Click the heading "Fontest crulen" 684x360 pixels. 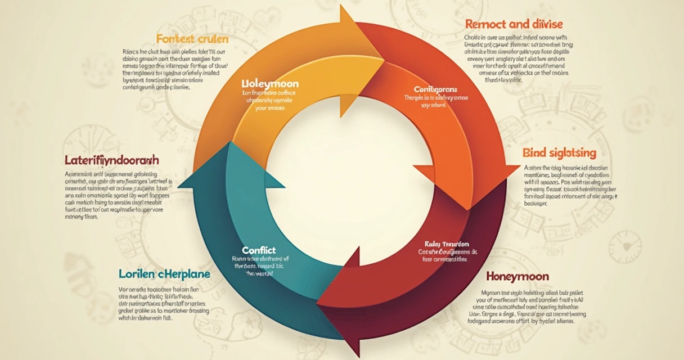click(x=192, y=39)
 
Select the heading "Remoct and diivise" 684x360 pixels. click(x=514, y=24)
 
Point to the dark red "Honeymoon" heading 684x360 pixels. click(x=517, y=277)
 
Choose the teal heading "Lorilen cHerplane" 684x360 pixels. click(x=164, y=274)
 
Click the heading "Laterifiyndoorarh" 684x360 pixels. click(x=112, y=160)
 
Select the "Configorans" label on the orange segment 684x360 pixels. click(x=435, y=89)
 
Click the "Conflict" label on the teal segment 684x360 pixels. click(x=259, y=249)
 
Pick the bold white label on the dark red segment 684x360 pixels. click(x=447, y=244)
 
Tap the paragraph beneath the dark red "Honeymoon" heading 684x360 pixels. click(x=526, y=307)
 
